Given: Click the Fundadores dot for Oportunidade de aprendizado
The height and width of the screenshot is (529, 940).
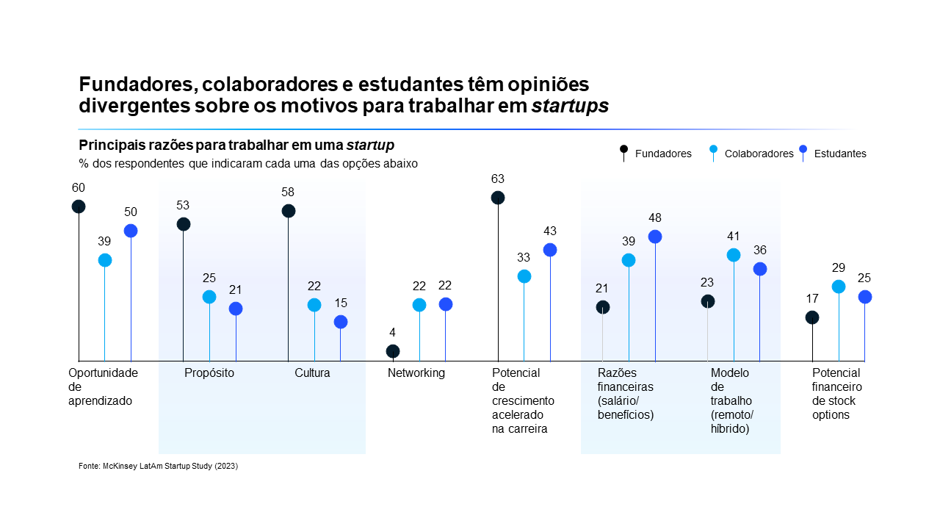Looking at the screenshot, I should (x=79, y=206).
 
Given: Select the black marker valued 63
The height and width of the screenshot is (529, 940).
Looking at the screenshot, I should (x=498, y=198).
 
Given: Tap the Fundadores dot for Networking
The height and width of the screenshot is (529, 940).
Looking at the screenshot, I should (x=393, y=351).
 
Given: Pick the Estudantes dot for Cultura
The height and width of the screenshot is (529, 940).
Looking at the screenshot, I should (x=341, y=322).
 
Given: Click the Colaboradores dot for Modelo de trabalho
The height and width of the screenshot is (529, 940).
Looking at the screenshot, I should (x=734, y=255).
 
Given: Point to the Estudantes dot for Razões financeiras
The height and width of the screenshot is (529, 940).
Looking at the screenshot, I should (x=655, y=237).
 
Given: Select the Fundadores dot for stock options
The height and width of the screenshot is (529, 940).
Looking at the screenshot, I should (x=812, y=317).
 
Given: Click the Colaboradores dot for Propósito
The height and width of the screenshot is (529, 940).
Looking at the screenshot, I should (x=209, y=297).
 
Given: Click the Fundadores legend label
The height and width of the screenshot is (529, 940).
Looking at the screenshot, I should (x=663, y=154).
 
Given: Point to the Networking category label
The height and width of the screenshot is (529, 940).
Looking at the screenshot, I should (x=416, y=373).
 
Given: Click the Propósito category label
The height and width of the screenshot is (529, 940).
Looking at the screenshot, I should (x=209, y=373).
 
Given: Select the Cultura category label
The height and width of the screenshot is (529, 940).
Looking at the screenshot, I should (x=312, y=373).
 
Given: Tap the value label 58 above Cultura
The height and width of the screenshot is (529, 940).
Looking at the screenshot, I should (x=289, y=192).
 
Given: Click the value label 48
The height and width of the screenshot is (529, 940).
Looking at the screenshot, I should (x=655, y=218).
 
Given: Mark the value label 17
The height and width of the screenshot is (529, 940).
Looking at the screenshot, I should (x=812, y=299).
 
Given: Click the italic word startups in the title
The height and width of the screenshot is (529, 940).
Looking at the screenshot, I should (x=570, y=106).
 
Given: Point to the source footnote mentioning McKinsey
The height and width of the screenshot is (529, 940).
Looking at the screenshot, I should (x=158, y=466).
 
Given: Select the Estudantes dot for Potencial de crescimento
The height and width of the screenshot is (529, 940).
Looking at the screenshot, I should (x=550, y=250).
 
